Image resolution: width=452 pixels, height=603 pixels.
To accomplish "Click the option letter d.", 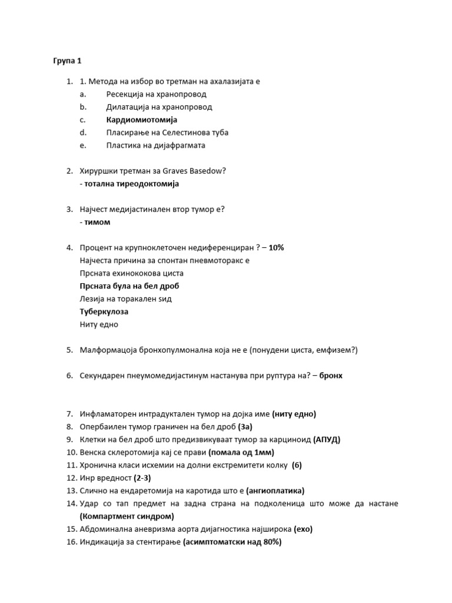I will pos(83,132).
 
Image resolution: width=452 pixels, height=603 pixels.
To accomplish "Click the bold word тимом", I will pos(97,222).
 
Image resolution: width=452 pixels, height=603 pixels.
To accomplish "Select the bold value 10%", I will pos(276,247).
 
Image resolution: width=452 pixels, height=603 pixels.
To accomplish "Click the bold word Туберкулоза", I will pos(104,312).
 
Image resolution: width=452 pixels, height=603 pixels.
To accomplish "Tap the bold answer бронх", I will pos(331,375).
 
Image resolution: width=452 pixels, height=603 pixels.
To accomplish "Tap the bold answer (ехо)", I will pos(303,529).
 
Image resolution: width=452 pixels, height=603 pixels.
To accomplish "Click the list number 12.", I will pos(71,478).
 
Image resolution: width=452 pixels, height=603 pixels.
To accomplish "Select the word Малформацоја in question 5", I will pos(109,350).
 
